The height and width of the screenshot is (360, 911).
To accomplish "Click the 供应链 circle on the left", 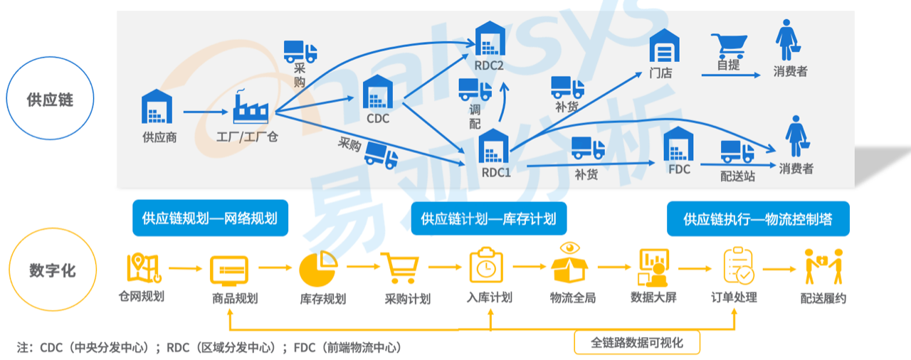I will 50,98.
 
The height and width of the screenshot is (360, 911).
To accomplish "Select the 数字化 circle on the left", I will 52,271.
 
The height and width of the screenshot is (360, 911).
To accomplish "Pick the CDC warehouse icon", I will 377,92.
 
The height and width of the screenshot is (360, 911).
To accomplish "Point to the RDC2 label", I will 489,66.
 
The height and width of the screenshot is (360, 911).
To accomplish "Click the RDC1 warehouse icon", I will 493,147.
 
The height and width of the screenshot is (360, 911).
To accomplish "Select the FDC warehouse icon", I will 679,146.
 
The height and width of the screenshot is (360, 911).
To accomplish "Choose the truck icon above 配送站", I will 737,152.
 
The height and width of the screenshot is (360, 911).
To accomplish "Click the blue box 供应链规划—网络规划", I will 210,218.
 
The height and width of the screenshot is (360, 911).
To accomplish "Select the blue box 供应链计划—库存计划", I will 488,218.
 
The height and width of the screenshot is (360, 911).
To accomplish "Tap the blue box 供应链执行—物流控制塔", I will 757,218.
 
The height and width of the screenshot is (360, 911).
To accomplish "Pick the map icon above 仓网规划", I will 143,267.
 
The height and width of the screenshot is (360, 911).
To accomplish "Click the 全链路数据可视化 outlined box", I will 637,342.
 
